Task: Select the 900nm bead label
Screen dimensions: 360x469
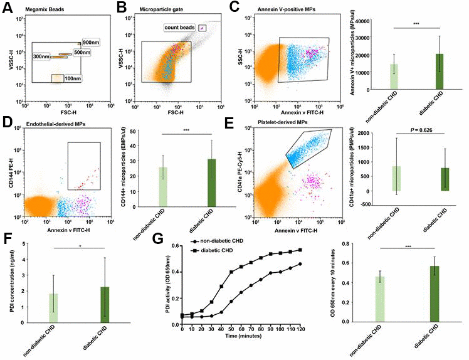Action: (x=92, y=43)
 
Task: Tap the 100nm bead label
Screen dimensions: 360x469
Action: (x=73, y=78)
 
